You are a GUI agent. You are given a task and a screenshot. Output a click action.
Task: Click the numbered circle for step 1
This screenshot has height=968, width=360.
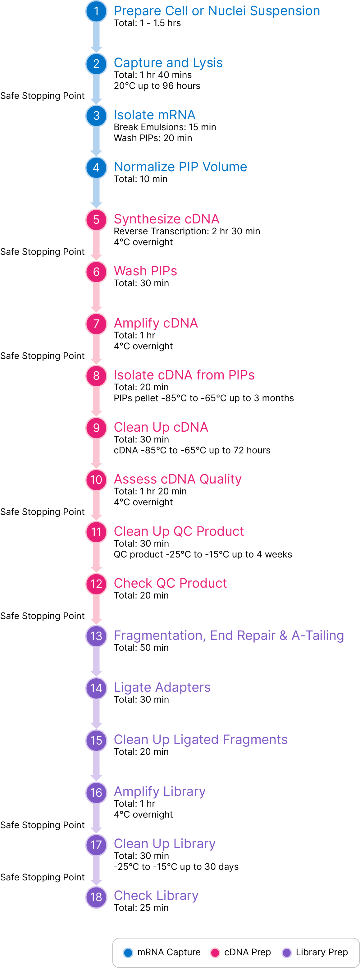(96, 11)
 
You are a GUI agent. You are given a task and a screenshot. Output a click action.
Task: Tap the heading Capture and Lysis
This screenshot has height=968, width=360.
(168, 63)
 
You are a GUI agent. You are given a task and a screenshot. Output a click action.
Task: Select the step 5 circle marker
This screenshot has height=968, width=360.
(96, 219)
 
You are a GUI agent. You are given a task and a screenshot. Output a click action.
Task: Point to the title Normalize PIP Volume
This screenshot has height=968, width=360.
(180, 167)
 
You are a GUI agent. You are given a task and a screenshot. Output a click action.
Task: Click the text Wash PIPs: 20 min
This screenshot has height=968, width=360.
(153, 138)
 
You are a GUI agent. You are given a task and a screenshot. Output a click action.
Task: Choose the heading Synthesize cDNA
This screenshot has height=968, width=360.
(166, 219)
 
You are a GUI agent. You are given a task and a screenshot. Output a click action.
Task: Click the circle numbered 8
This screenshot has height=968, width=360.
(96, 375)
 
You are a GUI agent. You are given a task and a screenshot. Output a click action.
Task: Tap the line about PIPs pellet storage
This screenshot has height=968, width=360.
(204, 398)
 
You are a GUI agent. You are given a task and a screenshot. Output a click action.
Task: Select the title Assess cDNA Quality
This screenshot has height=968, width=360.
(177, 479)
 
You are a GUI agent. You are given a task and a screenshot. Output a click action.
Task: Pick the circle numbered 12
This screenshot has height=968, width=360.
(96, 584)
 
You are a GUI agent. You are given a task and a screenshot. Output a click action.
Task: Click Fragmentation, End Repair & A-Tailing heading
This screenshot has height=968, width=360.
(229, 635)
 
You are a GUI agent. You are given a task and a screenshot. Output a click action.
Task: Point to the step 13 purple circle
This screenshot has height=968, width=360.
(96, 636)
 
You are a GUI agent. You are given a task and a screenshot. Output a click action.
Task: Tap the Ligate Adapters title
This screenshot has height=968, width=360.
(162, 687)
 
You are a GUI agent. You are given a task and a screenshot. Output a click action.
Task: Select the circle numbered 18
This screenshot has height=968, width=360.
(96, 897)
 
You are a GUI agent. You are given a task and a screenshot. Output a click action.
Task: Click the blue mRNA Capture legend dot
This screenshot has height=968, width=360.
(128, 952)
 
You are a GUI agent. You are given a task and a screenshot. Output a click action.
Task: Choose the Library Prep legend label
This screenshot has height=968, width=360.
(322, 952)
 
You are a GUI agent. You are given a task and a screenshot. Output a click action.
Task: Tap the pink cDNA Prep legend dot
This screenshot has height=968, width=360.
(215, 952)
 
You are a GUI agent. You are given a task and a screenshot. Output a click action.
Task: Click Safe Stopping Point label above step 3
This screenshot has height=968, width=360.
(43, 96)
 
